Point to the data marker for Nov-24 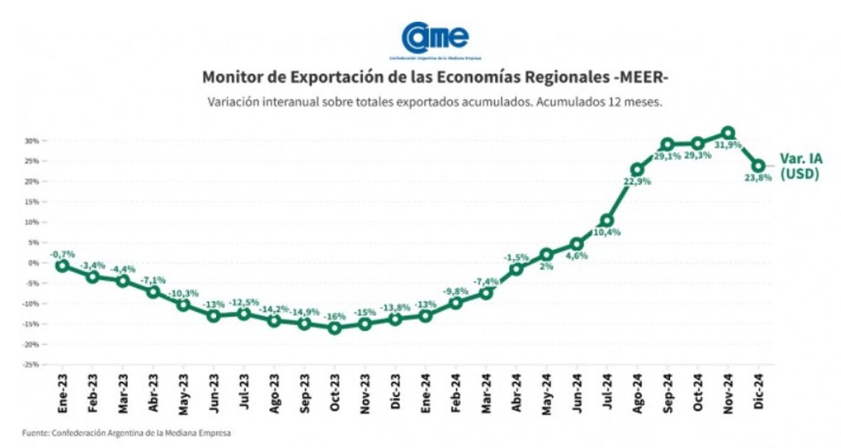(x=727, y=133)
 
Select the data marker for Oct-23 (x=334, y=327)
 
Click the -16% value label (x=335, y=316)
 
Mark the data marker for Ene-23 (x=62, y=266)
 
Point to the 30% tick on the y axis (x=31, y=141)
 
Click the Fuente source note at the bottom (x=126, y=433)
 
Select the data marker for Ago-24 (x=637, y=170)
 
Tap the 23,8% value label (x=758, y=178)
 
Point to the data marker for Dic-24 (x=758, y=166)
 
